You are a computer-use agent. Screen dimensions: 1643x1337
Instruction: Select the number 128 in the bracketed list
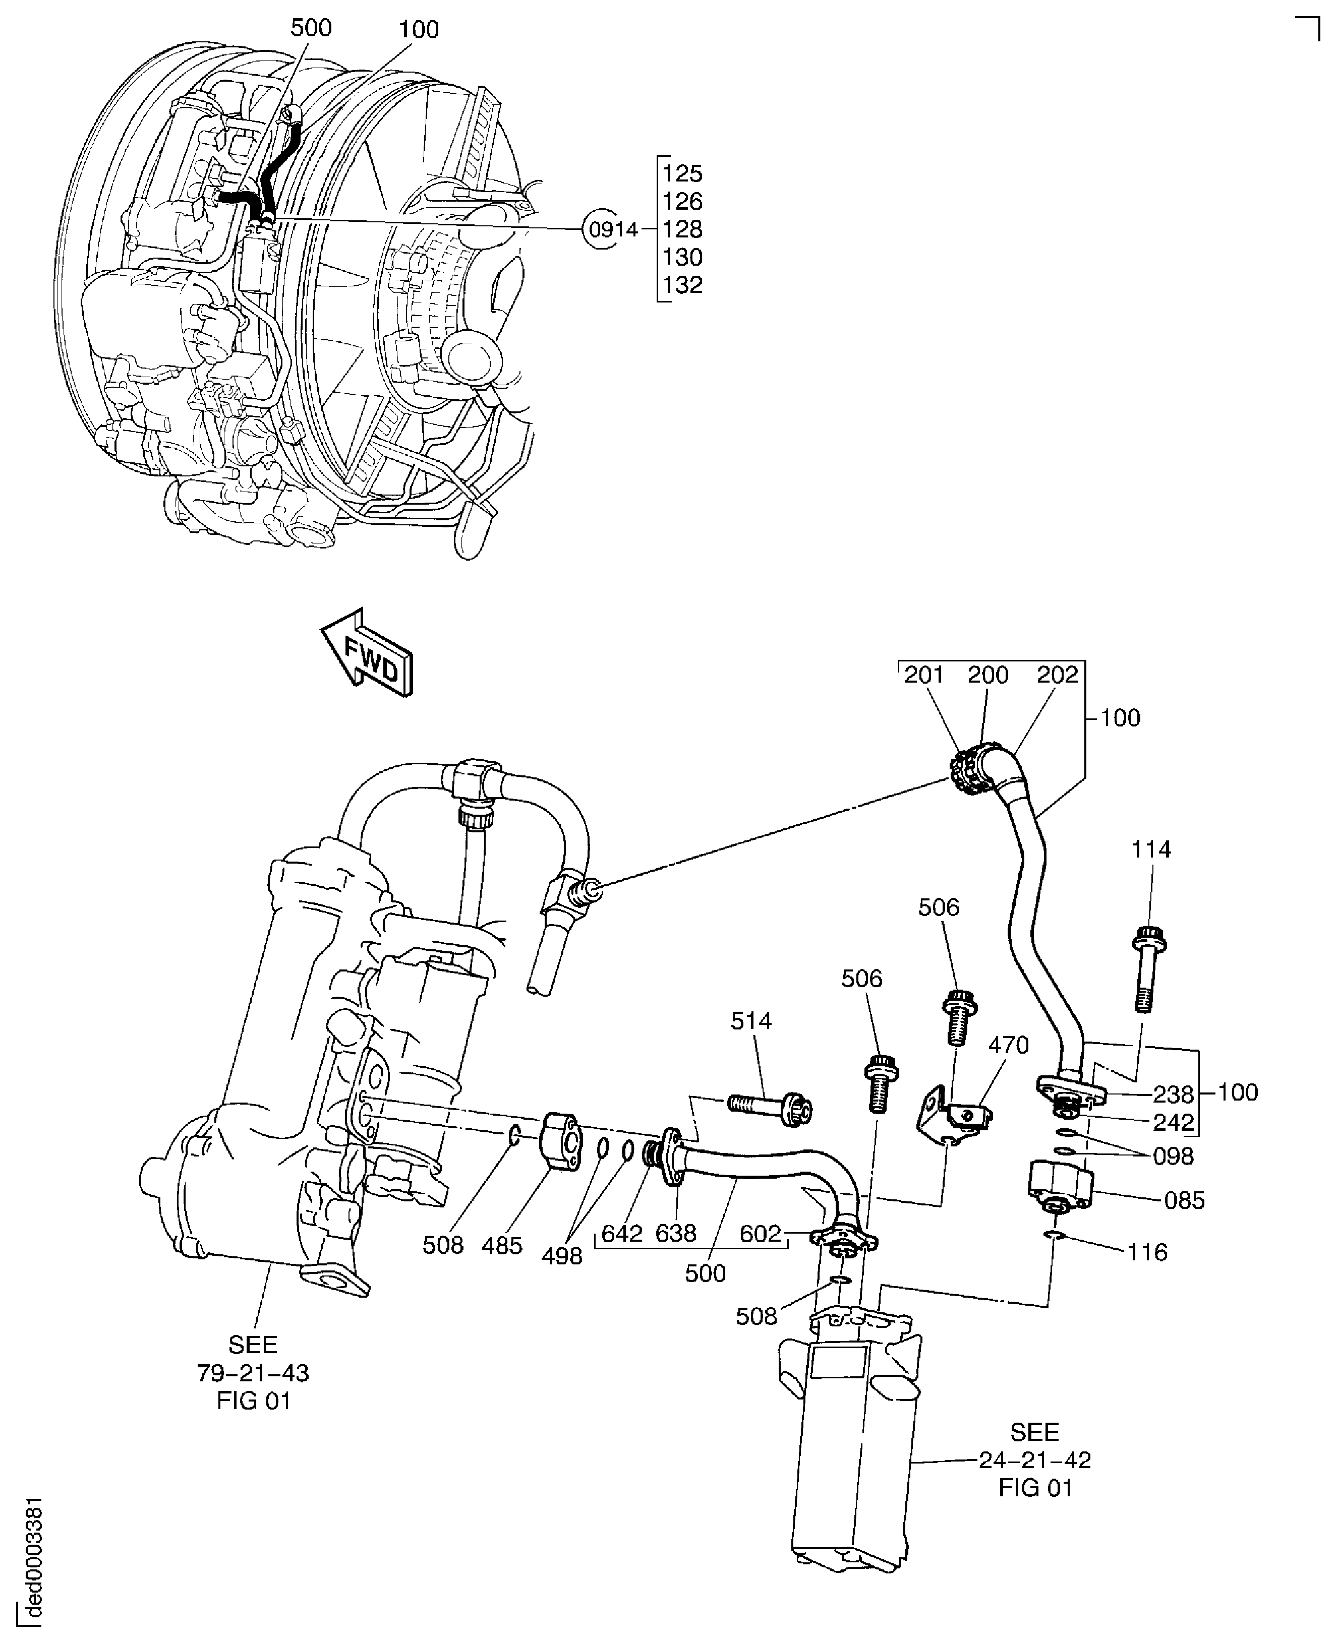click(x=682, y=229)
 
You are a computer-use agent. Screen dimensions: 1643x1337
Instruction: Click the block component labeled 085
click(x=1061, y=1186)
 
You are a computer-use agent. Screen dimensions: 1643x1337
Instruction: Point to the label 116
click(x=1147, y=1253)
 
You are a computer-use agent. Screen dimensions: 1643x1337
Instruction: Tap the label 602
click(x=760, y=1234)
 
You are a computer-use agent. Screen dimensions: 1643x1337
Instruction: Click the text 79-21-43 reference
click(x=253, y=1373)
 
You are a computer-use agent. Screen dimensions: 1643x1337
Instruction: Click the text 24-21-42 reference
click(x=1034, y=1460)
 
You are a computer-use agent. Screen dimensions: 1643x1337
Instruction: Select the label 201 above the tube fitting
click(x=923, y=675)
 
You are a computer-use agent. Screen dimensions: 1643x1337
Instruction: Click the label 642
click(x=621, y=1234)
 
